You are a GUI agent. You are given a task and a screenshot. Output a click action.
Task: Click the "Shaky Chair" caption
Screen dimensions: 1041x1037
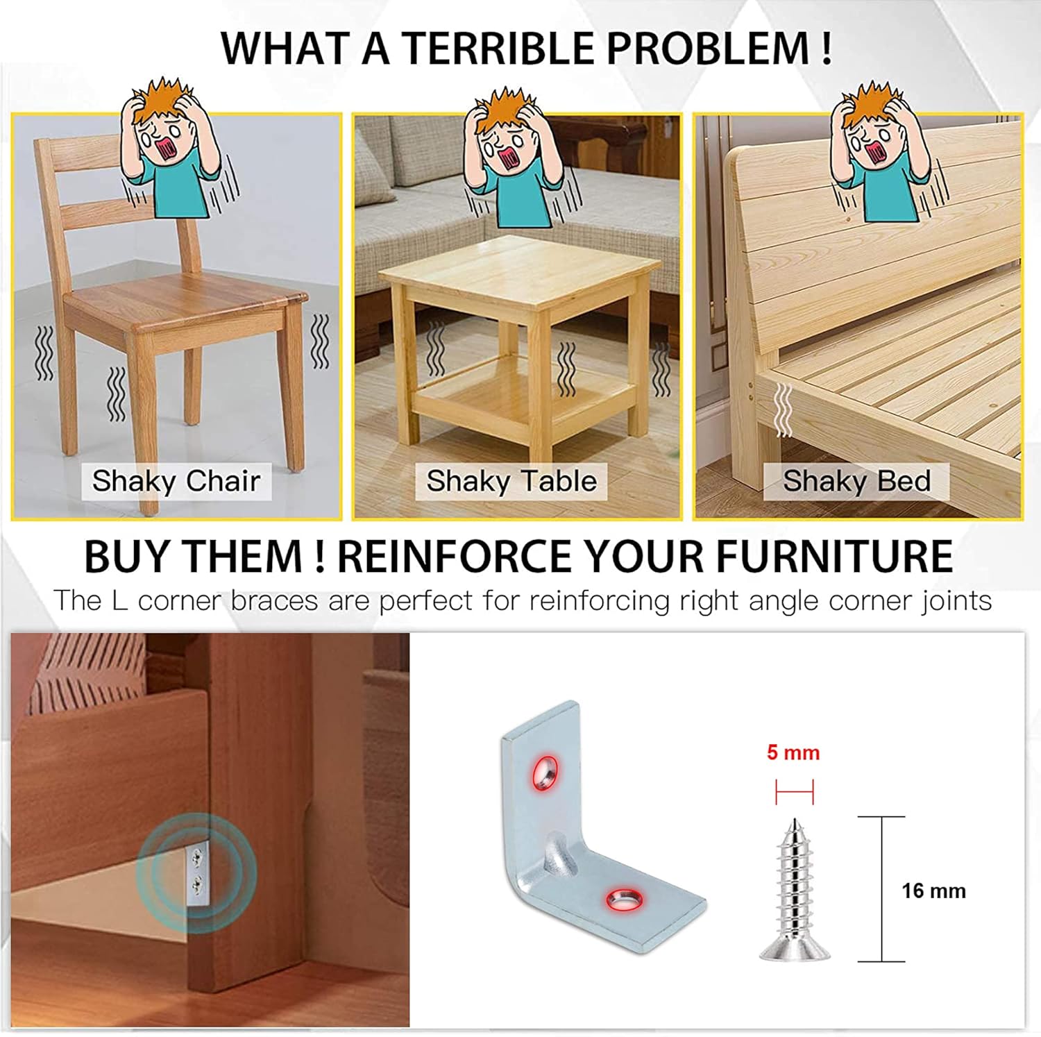(x=176, y=481)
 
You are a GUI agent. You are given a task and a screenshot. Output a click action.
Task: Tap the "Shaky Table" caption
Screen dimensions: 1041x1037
(x=511, y=481)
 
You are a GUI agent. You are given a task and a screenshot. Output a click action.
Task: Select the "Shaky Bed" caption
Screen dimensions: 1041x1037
(x=857, y=481)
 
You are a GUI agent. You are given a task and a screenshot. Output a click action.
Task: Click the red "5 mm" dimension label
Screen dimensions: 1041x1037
(x=793, y=752)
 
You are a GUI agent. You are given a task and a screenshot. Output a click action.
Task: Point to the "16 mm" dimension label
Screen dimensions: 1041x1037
(x=933, y=891)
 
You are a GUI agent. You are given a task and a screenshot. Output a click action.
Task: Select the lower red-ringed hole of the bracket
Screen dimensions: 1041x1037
(x=624, y=899)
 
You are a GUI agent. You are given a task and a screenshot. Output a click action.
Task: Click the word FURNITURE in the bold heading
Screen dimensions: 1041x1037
(x=833, y=557)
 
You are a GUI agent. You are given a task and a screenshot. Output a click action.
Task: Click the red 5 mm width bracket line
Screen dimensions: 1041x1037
(x=794, y=791)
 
